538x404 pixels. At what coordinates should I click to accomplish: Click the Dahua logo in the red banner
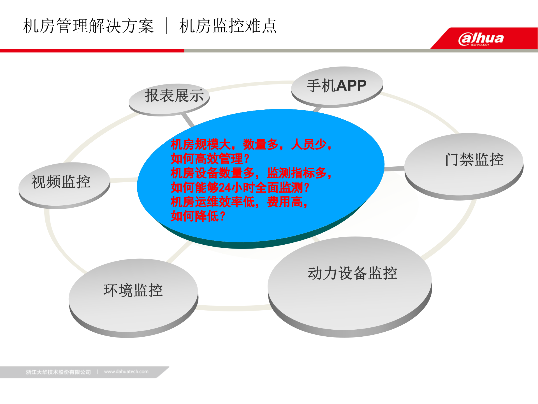point(481,39)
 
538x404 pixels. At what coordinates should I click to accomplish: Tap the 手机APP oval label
point(337,86)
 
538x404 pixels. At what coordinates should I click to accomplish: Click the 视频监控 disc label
point(61,182)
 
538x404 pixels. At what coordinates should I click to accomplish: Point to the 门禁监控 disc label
point(475,160)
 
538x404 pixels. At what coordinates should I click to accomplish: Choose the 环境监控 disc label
point(133,290)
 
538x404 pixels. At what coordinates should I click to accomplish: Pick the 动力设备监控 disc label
point(353,273)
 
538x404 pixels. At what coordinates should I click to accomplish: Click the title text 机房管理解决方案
point(88,26)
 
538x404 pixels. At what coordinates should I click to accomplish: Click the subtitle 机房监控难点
point(228,26)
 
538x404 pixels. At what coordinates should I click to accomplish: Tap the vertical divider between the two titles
point(167,26)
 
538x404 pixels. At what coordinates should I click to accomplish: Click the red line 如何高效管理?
point(210,159)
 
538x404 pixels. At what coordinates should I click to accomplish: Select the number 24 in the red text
point(224,188)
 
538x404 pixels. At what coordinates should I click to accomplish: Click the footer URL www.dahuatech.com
point(126,372)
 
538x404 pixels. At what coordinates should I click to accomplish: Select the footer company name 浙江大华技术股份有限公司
point(59,372)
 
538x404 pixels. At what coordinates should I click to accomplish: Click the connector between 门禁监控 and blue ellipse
point(395,169)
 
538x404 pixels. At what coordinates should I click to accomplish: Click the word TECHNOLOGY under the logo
point(479,45)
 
